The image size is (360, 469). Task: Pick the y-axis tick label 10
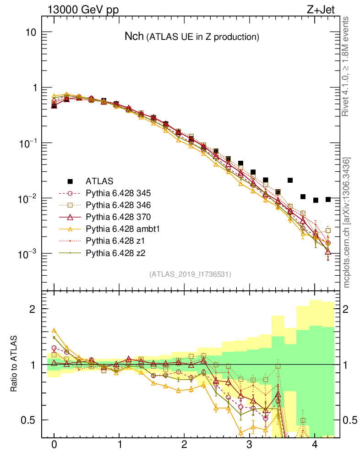pos(30,33)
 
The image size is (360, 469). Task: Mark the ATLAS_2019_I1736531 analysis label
pos(190,274)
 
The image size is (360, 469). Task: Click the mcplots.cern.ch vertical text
pos(347,223)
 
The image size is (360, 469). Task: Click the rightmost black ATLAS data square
pos(328,199)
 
